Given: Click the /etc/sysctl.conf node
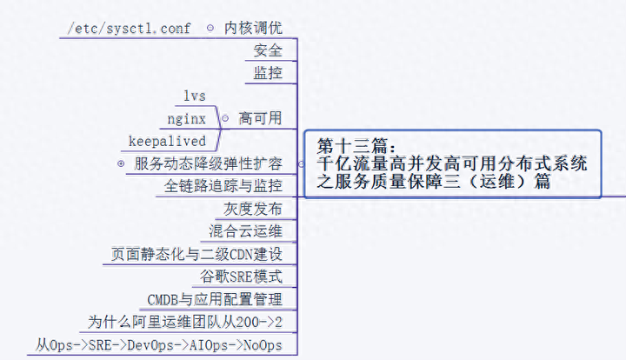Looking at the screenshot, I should [x=130, y=28].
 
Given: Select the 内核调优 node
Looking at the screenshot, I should [x=253, y=28].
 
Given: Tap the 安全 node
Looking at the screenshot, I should [x=268, y=50].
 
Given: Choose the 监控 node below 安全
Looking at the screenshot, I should [x=268, y=73].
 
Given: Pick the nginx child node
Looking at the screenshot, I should [x=187, y=118].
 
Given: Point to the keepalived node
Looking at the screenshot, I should [x=167, y=141].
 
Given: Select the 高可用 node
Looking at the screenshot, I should [x=260, y=118].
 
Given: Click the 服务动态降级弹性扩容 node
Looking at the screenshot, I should [x=209, y=163].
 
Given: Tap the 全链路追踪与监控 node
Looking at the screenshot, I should [x=223, y=186].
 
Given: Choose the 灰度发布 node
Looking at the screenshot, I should [x=253, y=210].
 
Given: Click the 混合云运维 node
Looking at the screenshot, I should [x=246, y=231].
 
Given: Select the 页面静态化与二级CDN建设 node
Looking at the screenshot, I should [x=196, y=255].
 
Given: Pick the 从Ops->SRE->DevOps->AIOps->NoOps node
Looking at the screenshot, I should [x=159, y=345].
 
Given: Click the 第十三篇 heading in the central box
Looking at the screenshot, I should [x=356, y=145].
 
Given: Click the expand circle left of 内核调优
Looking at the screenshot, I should [x=210, y=28].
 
